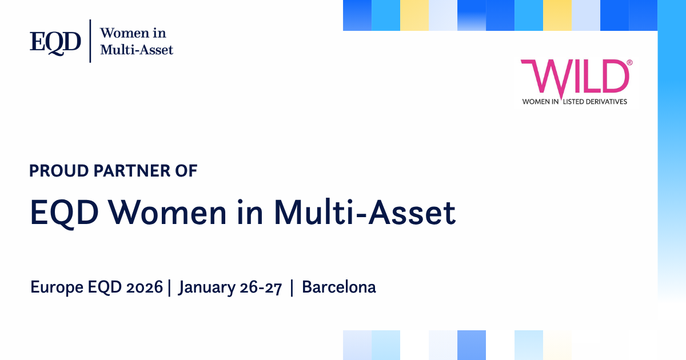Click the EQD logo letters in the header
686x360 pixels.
55,43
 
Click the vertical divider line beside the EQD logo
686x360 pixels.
90,41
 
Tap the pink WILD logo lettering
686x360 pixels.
575,78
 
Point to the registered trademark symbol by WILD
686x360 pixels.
629,62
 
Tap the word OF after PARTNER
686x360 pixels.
186,171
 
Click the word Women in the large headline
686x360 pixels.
168,213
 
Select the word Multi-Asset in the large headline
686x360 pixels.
365,212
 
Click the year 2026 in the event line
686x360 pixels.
144,287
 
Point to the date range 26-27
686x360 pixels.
261,287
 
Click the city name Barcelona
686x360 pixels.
339,287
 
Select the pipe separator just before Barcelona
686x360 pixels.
292,288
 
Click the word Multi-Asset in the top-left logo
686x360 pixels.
137,50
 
